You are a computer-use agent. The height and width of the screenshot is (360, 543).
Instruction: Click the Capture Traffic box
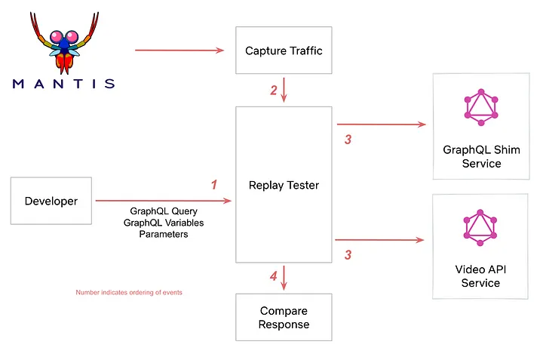click(x=284, y=51)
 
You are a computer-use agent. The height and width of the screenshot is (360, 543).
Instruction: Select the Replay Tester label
click(x=284, y=185)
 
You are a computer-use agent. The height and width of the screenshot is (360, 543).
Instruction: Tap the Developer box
click(x=51, y=201)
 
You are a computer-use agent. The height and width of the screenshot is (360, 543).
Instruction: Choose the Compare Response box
click(x=284, y=317)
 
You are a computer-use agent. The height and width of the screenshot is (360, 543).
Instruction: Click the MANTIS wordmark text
click(x=64, y=83)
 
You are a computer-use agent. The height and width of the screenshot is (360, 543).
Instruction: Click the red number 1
click(x=214, y=185)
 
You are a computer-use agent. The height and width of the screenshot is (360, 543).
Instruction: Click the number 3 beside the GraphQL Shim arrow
click(x=347, y=140)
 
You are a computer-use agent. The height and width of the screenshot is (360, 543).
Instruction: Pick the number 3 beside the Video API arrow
click(x=348, y=255)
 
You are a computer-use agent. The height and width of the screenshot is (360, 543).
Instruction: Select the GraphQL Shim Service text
click(x=481, y=156)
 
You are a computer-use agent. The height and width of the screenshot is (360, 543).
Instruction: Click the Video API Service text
click(x=480, y=275)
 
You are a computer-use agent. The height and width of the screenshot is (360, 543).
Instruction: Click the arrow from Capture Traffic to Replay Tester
click(x=284, y=89)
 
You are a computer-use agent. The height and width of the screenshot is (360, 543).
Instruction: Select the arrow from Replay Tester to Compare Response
click(x=284, y=277)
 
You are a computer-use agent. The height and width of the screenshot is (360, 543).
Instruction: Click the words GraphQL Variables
click(x=164, y=223)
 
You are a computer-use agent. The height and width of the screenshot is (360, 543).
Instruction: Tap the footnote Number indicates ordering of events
click(x=129, y=292)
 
